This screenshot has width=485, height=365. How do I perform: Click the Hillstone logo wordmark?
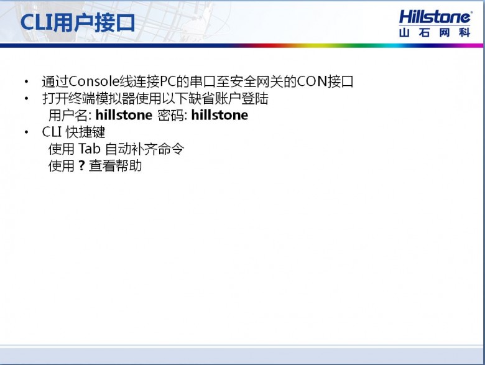[x=435, y=17]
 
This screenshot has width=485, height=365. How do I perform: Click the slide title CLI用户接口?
[x=78, y=22]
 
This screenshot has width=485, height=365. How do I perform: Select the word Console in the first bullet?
[x=94, y=81]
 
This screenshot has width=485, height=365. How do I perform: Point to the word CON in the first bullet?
[x=312, y=81]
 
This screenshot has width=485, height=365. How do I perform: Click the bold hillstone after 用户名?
[x=124, y=115]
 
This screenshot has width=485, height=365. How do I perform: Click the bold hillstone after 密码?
[x=219, y=115]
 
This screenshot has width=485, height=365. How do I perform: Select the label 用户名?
[x=68, y=116]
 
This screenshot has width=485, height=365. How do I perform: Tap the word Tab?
[x=90, y=149]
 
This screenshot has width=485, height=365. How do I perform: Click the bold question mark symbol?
[x=81, y=165]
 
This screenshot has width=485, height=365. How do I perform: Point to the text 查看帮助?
[x=116, y=166]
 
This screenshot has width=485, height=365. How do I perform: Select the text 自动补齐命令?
[x=145, y=149]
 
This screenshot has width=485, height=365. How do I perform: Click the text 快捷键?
[x=85, y=132]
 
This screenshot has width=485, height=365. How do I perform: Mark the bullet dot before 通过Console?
[x=27, y=82]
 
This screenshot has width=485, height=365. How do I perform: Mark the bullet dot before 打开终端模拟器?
[x=27, y=99]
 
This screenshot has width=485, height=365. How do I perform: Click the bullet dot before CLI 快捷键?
[x=27, y=132]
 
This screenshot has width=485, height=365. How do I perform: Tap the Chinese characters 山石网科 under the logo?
[x=435, y=32]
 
